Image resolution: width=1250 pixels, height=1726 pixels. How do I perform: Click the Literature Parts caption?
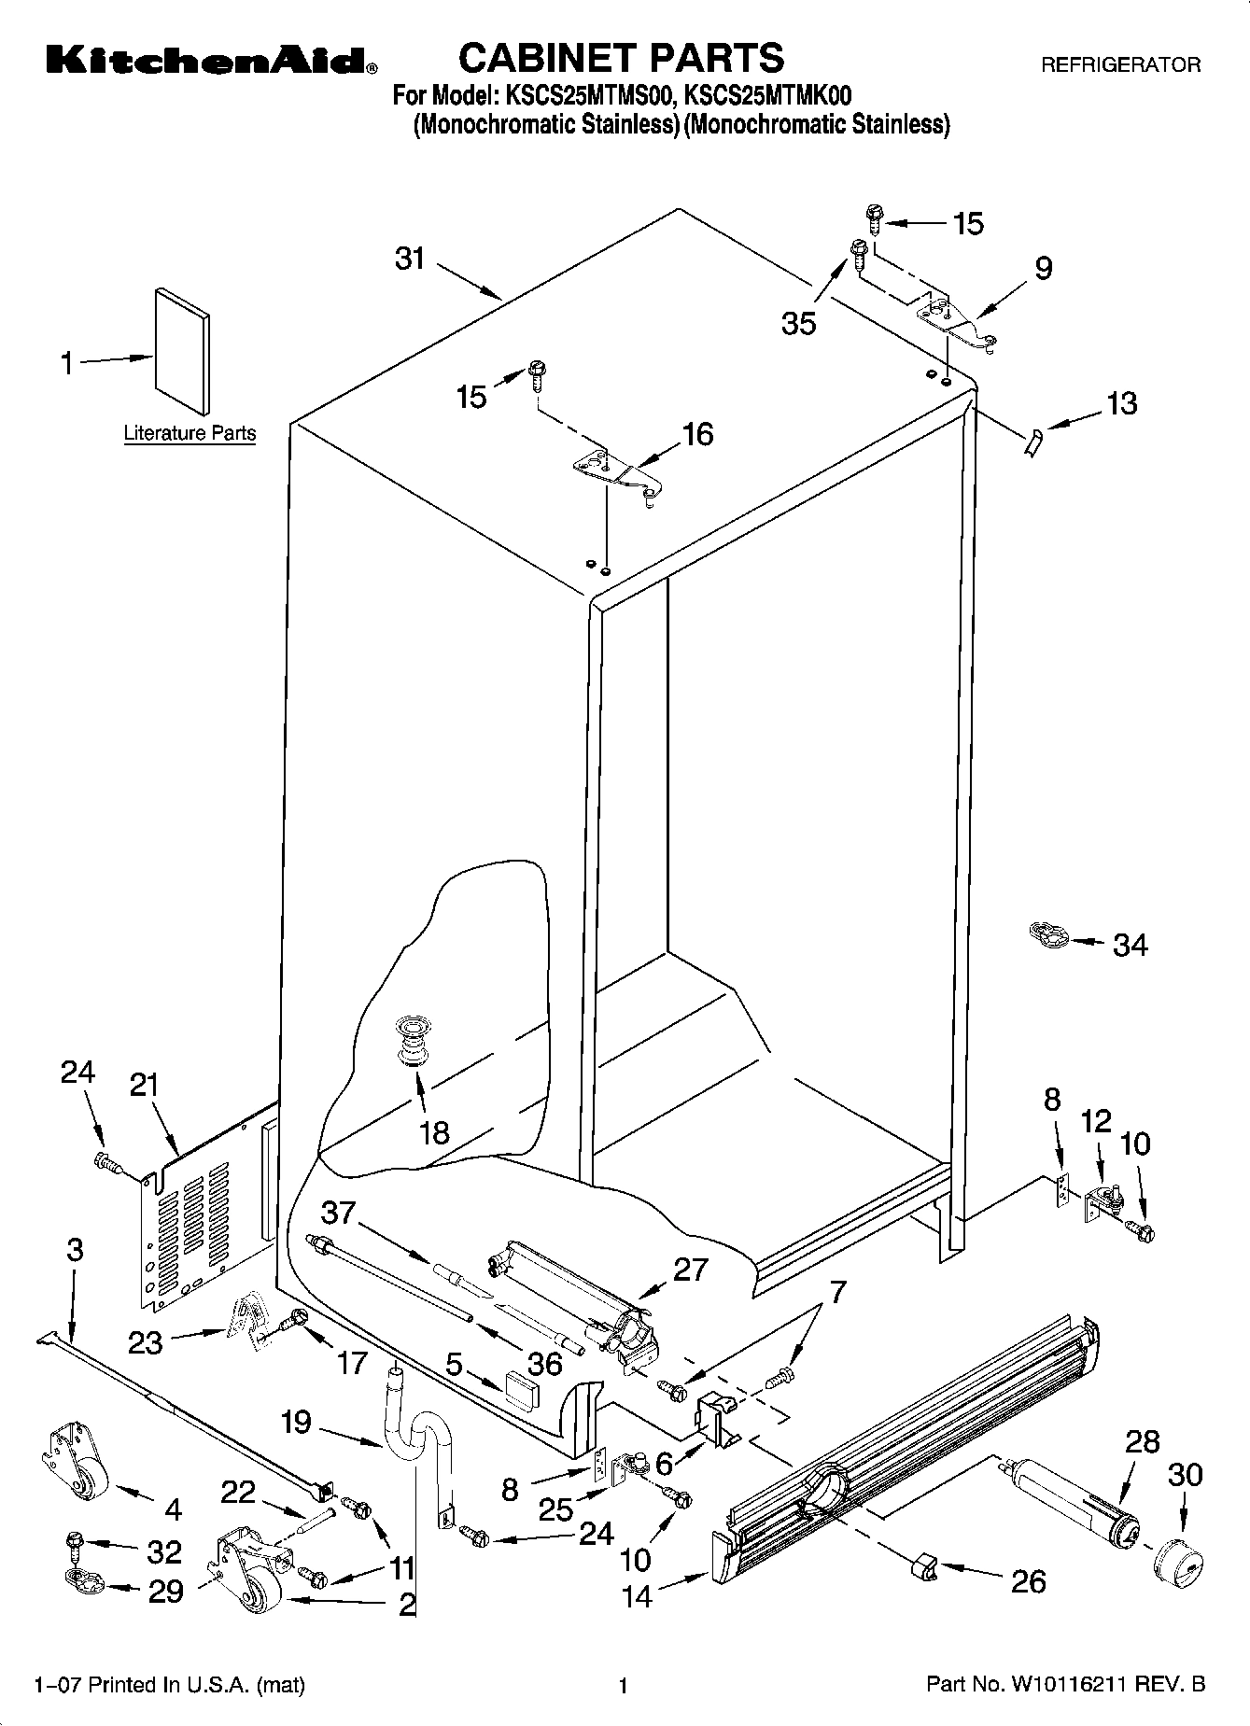click(190, 433)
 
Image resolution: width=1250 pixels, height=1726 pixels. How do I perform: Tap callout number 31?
click(410, 259)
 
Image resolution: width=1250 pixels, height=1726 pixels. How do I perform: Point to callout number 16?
click(697, 434)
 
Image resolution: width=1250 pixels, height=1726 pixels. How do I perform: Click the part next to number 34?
click(1048, 933)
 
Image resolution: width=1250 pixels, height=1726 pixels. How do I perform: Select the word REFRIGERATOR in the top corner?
click(1120, 65)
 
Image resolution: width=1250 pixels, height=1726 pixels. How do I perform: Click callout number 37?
click(338, 1214)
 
